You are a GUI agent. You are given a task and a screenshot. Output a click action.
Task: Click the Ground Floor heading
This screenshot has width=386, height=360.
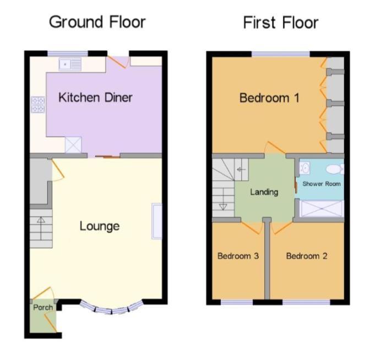tap(97, 22)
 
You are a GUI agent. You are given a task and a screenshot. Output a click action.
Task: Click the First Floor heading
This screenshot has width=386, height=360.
tap(280, 23)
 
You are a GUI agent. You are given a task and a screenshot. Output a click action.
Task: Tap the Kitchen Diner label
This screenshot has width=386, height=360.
tap(95, 98)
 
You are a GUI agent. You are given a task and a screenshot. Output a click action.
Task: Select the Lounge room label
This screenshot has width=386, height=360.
tap(100, 225)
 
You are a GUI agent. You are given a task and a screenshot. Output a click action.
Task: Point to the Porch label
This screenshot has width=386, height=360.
tap(43, 307)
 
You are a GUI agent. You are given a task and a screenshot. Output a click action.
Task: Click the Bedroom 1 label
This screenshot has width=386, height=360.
tap(269, 98)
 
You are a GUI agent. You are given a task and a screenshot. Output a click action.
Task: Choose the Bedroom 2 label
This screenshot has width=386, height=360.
tap(306, 256)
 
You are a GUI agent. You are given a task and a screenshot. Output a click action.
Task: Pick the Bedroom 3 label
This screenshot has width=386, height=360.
tap(238, 256)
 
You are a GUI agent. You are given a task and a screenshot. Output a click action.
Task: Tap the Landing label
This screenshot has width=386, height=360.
tap(264, 192)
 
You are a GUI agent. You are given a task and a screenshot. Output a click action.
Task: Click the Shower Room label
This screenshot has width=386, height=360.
tap(322, 184)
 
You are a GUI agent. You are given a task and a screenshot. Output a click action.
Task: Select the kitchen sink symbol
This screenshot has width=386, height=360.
tap(70, 65)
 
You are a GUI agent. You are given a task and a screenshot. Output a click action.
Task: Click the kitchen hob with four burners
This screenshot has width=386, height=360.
tap(38, 104)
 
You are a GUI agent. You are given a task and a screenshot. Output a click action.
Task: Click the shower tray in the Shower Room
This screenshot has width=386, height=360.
tap(321, 209)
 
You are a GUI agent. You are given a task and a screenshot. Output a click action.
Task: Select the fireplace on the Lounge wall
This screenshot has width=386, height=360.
tap(157, 221)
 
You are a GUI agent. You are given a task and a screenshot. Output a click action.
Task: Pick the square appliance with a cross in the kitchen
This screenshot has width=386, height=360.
tap(73, 145)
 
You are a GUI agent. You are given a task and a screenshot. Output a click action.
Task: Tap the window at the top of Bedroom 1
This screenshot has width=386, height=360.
tap(281, 53)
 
